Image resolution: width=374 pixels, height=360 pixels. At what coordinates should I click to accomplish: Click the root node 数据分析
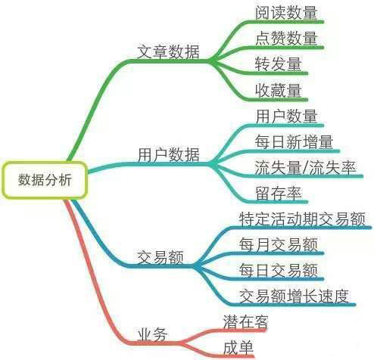[45, 180]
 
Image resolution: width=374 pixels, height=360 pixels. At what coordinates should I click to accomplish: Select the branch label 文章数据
[168, 51]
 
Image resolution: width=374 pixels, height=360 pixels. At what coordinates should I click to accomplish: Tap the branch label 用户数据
[168, 154]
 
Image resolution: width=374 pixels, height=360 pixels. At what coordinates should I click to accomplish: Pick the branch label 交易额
[161, 257]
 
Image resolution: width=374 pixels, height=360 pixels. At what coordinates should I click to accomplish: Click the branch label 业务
[152, 334]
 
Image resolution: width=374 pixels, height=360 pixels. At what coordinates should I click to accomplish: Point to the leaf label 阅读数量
[286, 12]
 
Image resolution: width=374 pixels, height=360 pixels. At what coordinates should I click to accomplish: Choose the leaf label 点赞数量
[286, 39]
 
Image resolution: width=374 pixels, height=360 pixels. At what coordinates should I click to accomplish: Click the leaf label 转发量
[279, 64]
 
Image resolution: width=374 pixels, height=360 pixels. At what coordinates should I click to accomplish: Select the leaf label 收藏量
[279, 90]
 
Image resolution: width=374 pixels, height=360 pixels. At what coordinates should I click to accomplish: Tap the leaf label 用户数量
[286, 116]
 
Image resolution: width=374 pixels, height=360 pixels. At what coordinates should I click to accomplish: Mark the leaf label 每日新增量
[294, 142]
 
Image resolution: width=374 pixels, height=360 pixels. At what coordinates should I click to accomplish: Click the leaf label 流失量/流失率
[305, 168]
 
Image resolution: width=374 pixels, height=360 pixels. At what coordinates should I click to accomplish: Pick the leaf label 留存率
[279, 194]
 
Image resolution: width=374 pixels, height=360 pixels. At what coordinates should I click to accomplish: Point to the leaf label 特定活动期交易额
[302, 219]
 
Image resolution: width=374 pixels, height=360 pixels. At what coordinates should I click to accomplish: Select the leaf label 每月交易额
[279, 244]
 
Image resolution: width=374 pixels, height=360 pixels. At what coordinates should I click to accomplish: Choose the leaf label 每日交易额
[279, 271]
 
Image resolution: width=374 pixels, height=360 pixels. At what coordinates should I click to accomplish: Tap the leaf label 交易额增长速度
[295, 296]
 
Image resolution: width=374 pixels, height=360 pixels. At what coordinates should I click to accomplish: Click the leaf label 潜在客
[245, 322]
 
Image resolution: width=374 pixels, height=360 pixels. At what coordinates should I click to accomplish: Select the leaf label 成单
[238, 348]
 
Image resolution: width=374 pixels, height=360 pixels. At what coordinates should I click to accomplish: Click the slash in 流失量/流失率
[305, 168]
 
